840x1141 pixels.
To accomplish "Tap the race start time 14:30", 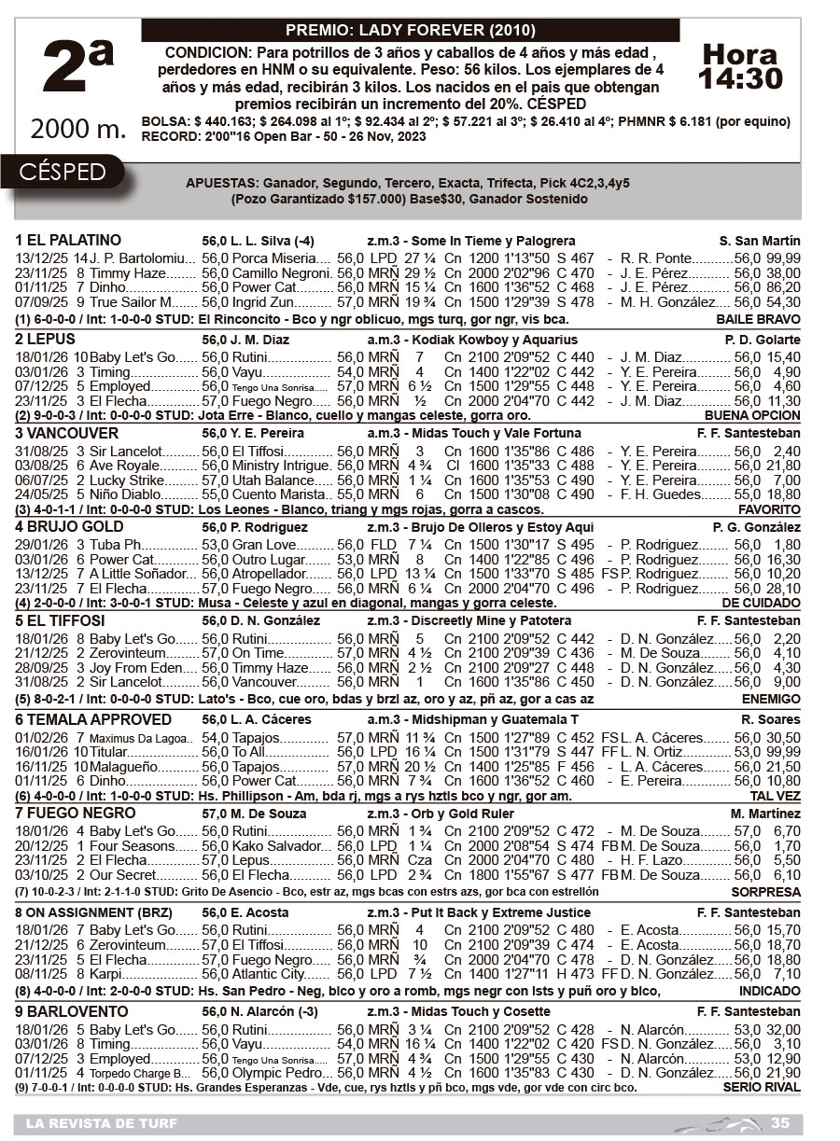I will tap(741, 79).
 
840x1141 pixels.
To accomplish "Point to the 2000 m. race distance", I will tap(78, 130).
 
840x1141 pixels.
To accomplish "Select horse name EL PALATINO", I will tap(68, 241).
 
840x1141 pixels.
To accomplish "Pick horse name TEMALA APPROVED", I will tap(93, 720).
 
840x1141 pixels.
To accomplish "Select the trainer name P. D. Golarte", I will tap(763, 341).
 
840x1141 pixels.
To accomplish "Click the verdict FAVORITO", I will tap(769, 510).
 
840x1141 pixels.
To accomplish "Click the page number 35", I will tap(780, 1122).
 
